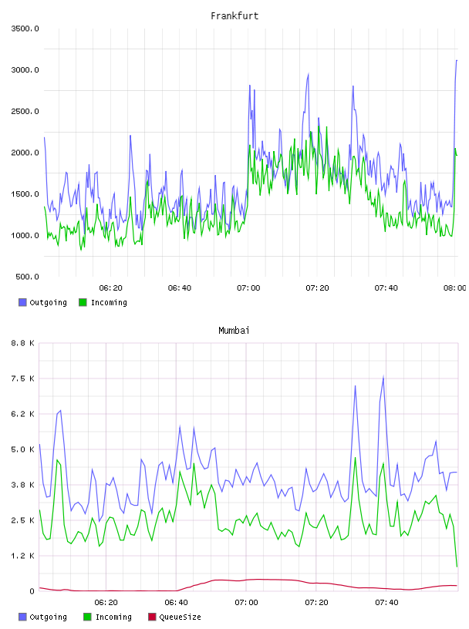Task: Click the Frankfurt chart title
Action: pyautogui.click(x=235, y=16)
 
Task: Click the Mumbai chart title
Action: pyautogui.click(x=234, y=331)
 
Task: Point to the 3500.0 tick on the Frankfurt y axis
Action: pyautogui.click(x=25, y=29)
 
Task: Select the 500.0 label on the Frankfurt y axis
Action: pyautogui.click(x=27, y=277)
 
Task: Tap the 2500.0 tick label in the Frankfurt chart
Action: pyautogui.click(x=25, y=111)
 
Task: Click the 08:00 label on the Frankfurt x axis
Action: pyautogui.click(x=455, y=288)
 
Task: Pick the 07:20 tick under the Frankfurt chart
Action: pyautogui.click(x=317, y=288)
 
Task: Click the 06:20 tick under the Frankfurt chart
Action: pyautogui.click(x=111, y=288)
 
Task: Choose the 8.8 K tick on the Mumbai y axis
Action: pyautogui.click(x=23, y=343)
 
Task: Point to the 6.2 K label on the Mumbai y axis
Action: pyautogui.click(x=23, y=414)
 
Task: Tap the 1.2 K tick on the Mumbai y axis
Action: pyautogui.click(x=23, y=556)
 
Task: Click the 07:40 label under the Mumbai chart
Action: pyautogui.click(x=386, y=603)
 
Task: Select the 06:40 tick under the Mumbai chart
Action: pyautogui.click(x=177, y=603)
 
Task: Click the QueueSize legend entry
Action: pyautogui.click(x=180, y=617)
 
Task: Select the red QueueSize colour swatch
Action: pyautogui.click(x=152, y=617)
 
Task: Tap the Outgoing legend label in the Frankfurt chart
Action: pyautogui.click(x=48, y=302)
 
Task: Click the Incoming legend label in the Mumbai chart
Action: pyautogui.click(x=113, y=617)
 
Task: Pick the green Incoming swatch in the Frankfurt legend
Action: pyautogui.click(x=83, y=302)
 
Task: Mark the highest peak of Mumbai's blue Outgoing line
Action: pyautogui.click(x=383, y=376)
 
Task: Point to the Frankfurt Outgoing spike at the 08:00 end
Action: pyautogui.click(x=457, y=60)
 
